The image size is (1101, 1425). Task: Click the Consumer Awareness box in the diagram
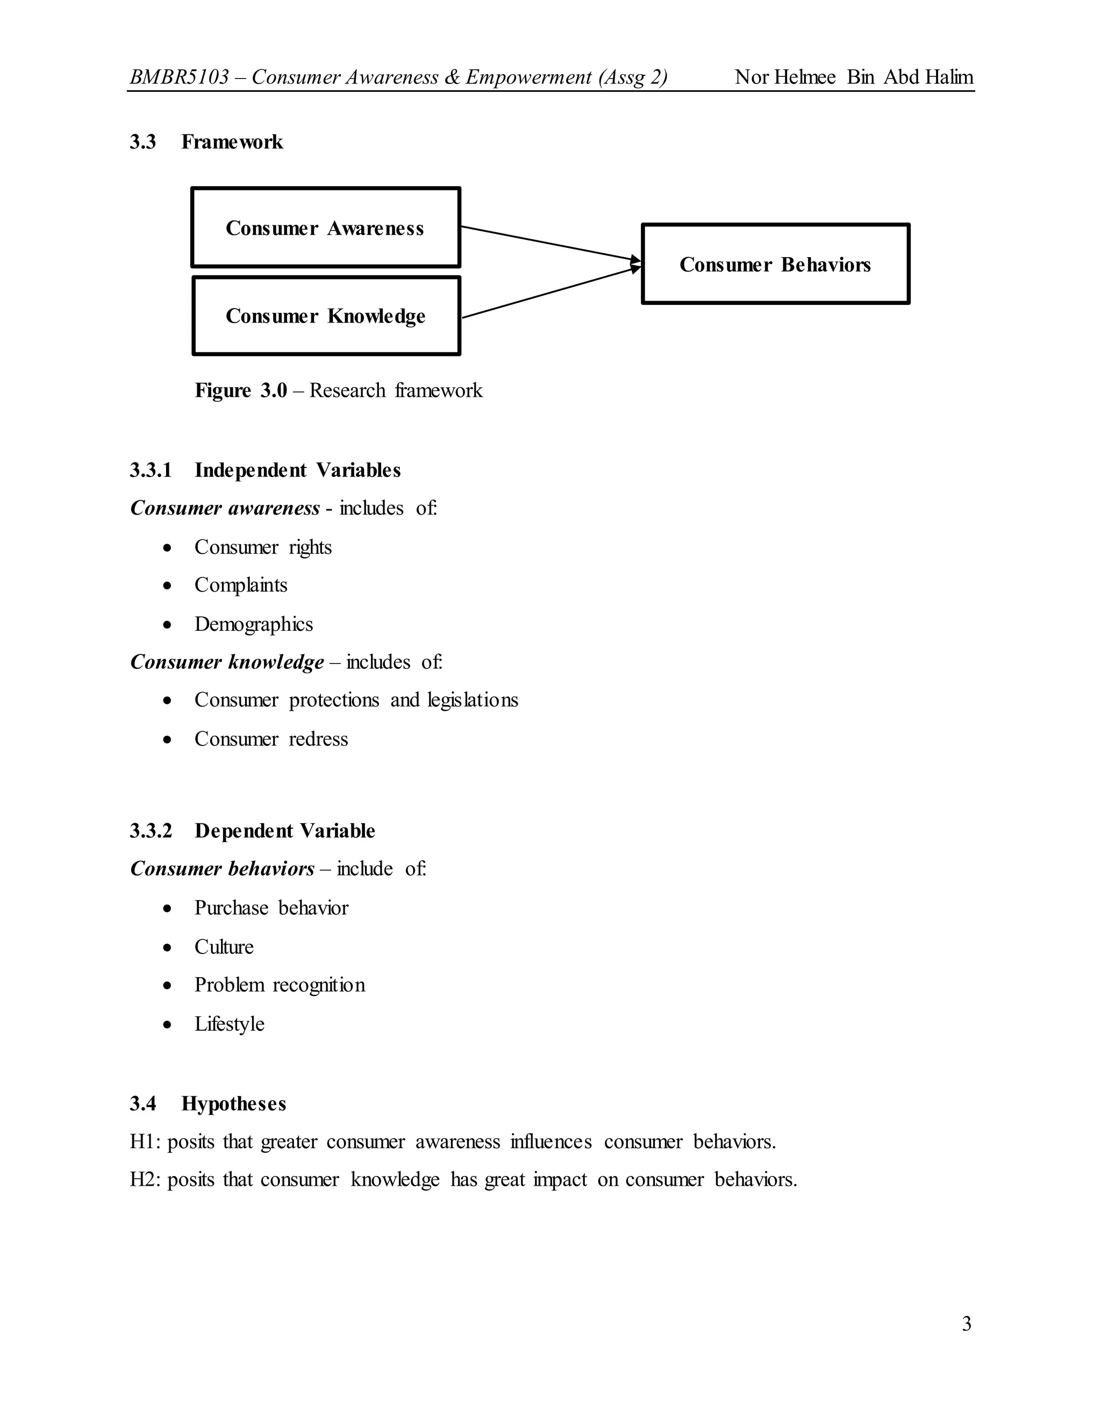[x=325, y=227]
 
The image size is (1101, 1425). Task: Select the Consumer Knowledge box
[x=326, y=316]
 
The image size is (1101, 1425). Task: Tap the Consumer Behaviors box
[x=776, y=264]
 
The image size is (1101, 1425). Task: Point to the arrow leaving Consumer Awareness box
[x=548, y=244]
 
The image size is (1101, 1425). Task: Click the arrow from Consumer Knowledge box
[x=548, y=293]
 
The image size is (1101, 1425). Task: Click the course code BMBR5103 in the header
[x=180, y=77]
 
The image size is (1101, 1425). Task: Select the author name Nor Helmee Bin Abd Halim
[x=854, y=77]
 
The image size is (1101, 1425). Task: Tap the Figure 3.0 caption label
[x=241, y=390]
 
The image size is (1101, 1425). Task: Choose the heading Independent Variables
[x=297, y=470]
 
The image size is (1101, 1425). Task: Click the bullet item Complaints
[x=241, y=585]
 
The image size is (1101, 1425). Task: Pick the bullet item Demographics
[x=254, y=624]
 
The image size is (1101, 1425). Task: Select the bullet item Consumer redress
[x=271, y=739]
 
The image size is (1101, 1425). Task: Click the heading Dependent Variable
[x=284, y=831]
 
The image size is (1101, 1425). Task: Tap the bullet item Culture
[x=224, y=947]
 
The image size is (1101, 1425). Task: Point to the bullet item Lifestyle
[x=230, y=1024]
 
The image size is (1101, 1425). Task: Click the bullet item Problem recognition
[x=280, y=985]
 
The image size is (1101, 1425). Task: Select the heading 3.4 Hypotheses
[x=208, y=1103]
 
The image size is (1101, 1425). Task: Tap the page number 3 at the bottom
[x=967, y=1324]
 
